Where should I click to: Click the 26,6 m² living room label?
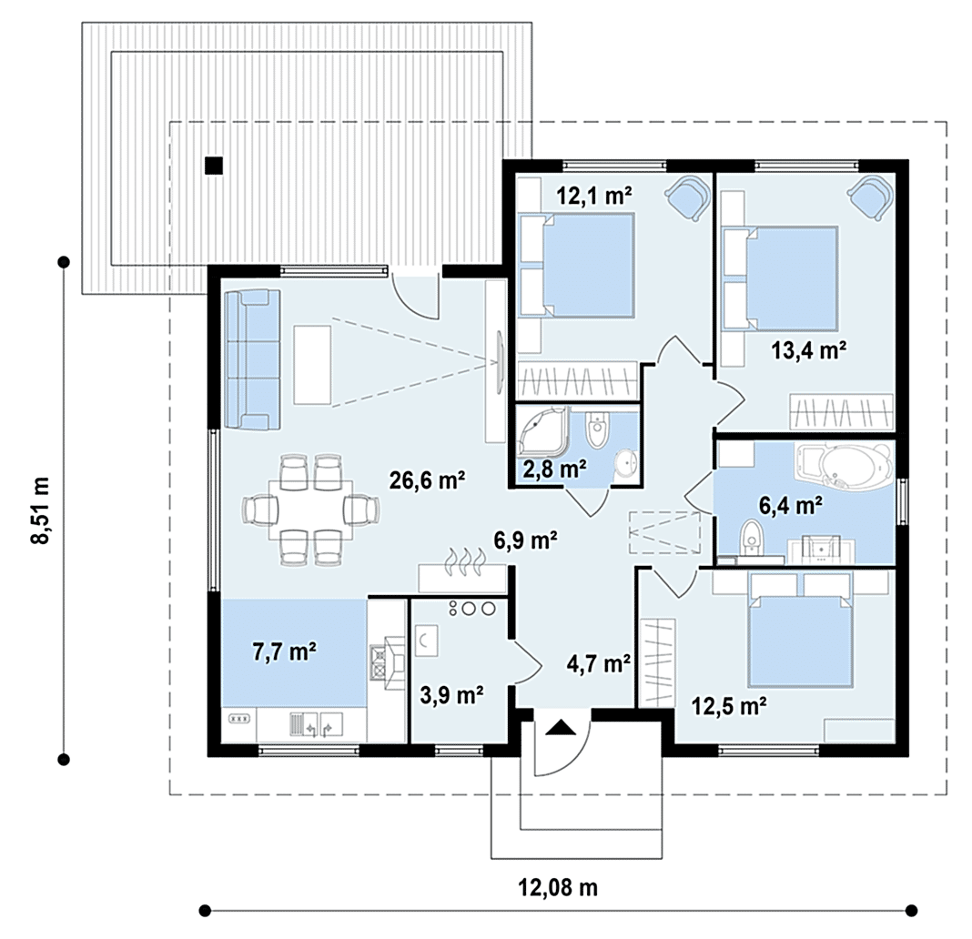pyautogui.click(x=427, y=480)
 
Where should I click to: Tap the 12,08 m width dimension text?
pyautogui.click(x=558, y=888)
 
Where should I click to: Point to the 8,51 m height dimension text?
pyautogui.click(x=40, y=510)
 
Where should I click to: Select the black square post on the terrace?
pyautogui.click(x=214, y=166)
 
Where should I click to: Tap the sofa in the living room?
pyautogui.click(x=252, y=359)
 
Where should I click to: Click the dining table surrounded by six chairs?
pyautogui.click(x=310, y=510)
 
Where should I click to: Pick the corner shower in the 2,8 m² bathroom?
pyautogui.click(x=543, y=430)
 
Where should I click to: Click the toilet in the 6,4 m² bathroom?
pyautogui.click(x=752, y=541)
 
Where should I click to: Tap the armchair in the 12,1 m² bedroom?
pyautogui.click(x=688, y=196)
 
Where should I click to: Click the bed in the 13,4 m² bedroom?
pyautogui.click(x=792, y=277)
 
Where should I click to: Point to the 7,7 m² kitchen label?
pyautogui.click(x=285, y=652)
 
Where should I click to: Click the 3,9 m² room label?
pyautogui.click(x=452, y=695)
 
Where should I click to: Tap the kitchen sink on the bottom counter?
pyautogui.click(x=317, y=724)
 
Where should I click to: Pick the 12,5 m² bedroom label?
pyautogui.click(x=729, y=705)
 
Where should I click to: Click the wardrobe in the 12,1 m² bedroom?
pyautogui.click(x=577, y=380)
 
